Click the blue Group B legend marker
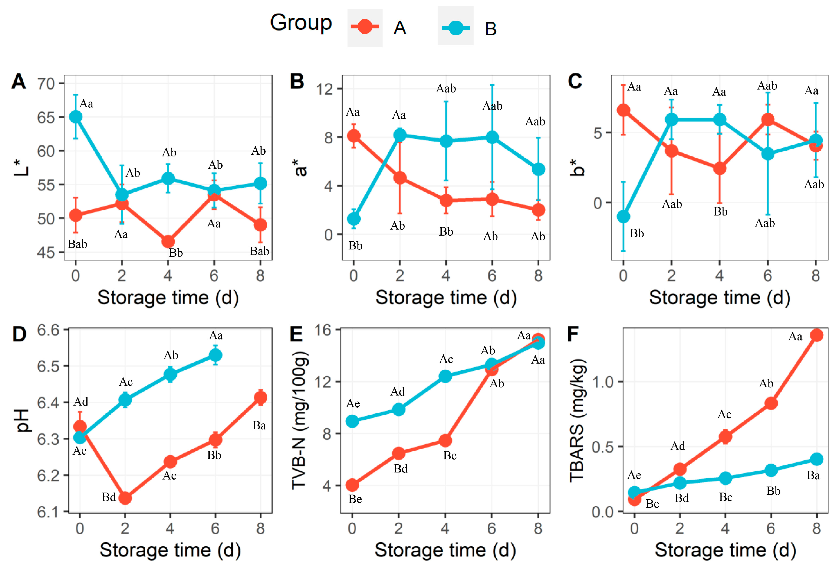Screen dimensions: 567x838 click(455, 28)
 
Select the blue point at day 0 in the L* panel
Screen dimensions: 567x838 click(75, 117)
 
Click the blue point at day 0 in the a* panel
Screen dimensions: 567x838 click(353, 219)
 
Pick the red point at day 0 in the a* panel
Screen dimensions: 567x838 click(353, 136)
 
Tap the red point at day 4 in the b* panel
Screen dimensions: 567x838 click(719, 168)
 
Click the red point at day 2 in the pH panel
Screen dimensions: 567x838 click(125, 498)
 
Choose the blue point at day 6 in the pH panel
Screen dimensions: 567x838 click(215, 355)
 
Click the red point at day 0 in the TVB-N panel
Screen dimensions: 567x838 click(352, 485)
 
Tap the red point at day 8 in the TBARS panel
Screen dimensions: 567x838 click(816, 335)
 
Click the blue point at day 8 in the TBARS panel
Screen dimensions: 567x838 click(816, 459)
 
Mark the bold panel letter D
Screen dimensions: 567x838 click(19, 334)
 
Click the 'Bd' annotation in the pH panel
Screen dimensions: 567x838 click(109, 497)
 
